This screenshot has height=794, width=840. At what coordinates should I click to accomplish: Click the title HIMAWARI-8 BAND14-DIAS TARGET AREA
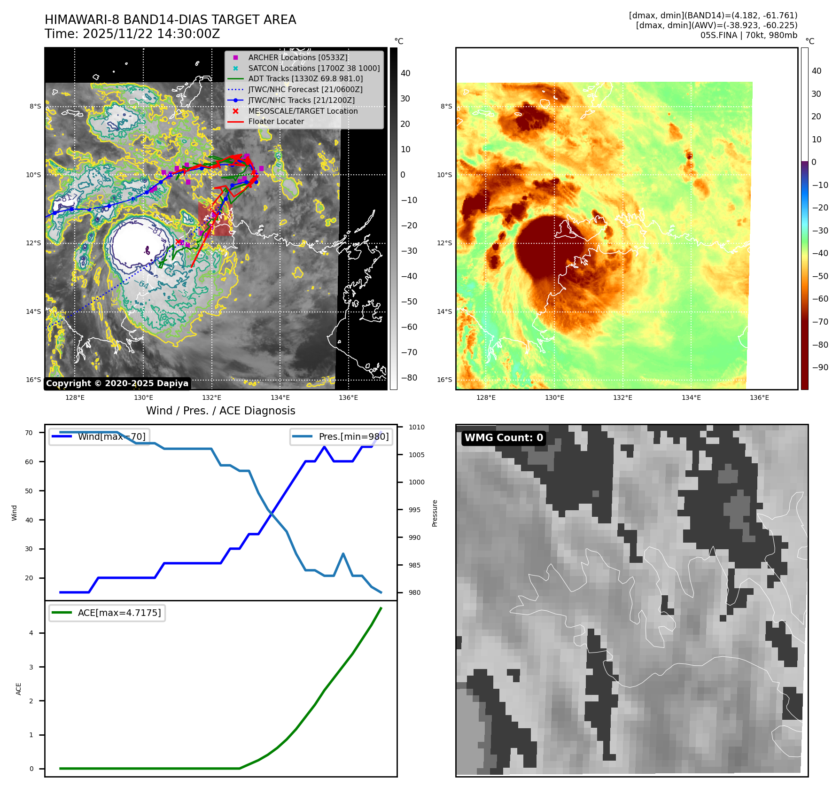[170, 20]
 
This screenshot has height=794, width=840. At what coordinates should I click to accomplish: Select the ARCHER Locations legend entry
[298, 57]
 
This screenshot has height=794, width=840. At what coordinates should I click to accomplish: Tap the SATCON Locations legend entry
[314, 68]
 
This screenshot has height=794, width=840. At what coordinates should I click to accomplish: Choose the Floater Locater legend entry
[276, 121]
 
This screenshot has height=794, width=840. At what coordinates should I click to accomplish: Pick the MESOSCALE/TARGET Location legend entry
[303, 111]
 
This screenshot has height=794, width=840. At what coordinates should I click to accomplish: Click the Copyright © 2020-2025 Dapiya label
[117, 383]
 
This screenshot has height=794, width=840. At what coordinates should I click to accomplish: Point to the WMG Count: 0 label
[504, 438]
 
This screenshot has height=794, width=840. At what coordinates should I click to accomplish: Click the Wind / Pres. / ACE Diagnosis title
[221, 411]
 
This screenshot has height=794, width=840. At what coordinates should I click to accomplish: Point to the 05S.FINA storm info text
[748, 35]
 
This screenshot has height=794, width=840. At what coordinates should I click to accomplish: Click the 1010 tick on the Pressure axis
[416, 427]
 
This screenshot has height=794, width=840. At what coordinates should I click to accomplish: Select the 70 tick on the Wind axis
[29, 433]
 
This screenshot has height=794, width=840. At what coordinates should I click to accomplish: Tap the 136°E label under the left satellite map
[348, 397]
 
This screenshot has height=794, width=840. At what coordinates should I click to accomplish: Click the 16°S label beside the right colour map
[444, 380]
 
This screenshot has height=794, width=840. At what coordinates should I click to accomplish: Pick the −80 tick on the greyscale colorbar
[409, 378]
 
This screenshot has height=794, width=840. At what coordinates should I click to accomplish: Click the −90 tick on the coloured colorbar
[820, 367]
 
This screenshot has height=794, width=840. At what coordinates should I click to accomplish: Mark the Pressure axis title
[435, 513]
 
